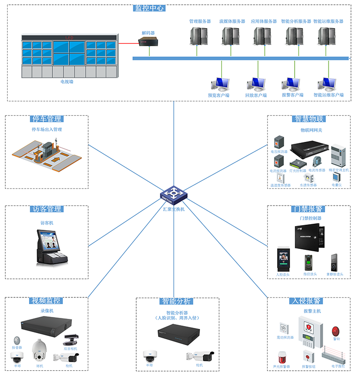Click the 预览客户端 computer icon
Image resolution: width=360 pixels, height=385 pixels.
(220, 84)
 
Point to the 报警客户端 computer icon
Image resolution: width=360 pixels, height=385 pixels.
(291, 84)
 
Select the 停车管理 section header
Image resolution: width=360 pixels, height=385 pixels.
(47, 119)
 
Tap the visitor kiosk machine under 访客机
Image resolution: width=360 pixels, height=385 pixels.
(51, 247)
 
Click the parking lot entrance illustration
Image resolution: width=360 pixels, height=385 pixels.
(47, 153)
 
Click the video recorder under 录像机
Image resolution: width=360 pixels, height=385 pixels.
(46, 325)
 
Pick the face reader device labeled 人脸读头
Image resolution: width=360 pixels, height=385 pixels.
(282, 259)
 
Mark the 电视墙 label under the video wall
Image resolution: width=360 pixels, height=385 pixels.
(67, 82)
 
